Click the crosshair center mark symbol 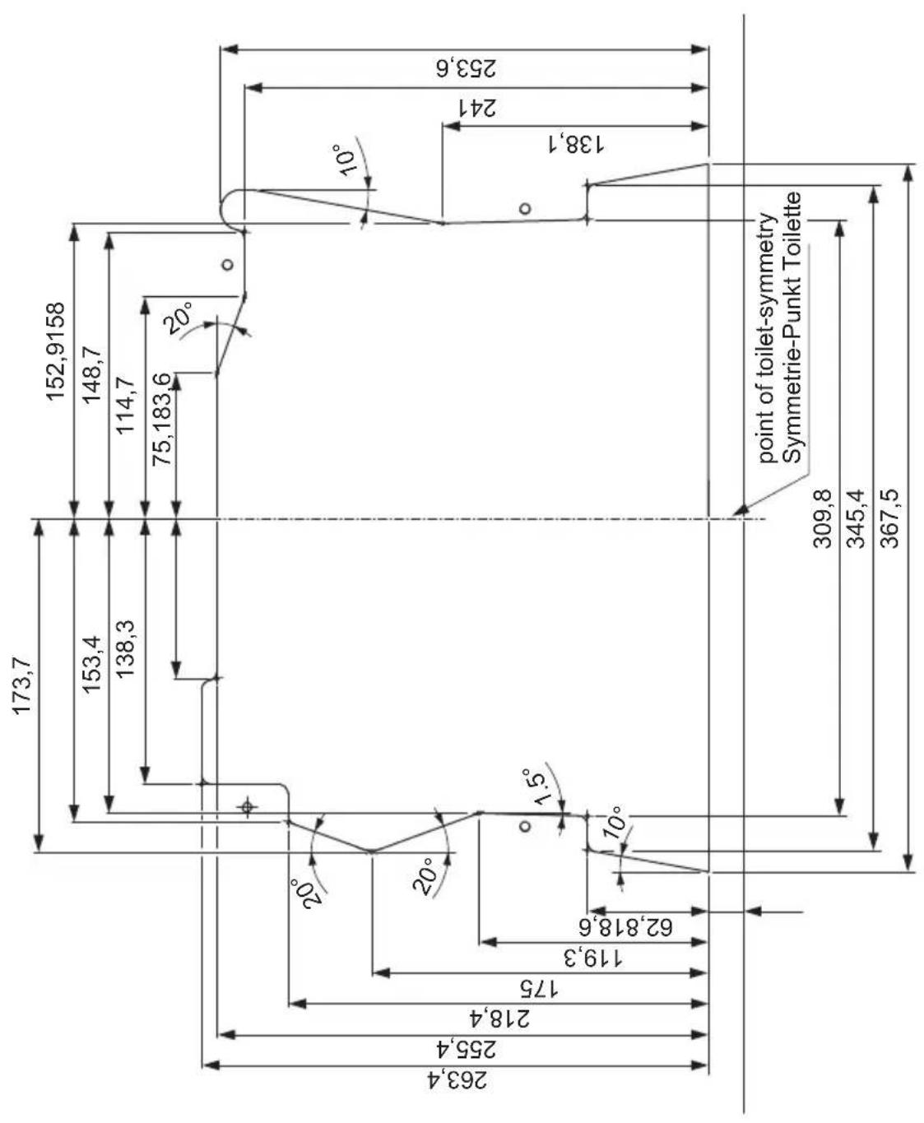246,807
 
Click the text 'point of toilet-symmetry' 766,337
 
